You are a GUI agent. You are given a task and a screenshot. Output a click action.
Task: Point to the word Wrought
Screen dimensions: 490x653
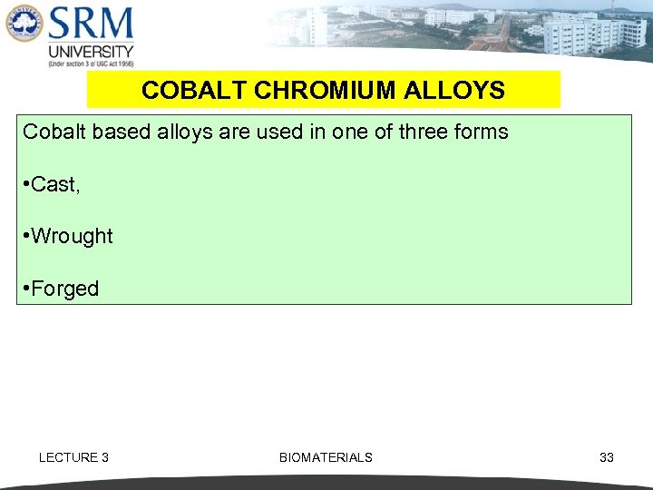click(72, 236)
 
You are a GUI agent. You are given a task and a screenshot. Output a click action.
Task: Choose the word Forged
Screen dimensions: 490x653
click(64, 289)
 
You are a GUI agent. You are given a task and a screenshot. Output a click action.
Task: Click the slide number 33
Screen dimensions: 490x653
click(607, 457)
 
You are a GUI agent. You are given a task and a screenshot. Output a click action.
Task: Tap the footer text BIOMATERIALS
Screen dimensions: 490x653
click(326, 457)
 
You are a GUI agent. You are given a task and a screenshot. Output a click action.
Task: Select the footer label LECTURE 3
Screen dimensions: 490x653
click(73, 457)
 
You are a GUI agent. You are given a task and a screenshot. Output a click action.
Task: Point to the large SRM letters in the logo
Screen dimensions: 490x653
click(91, 24)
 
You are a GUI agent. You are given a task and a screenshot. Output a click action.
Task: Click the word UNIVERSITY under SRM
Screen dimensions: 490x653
click(91, 51)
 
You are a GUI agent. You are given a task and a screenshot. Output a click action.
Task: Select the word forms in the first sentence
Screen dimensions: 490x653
click(482, 132)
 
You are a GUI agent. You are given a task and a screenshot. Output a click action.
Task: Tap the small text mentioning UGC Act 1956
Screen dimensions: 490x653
click(91, 64)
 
